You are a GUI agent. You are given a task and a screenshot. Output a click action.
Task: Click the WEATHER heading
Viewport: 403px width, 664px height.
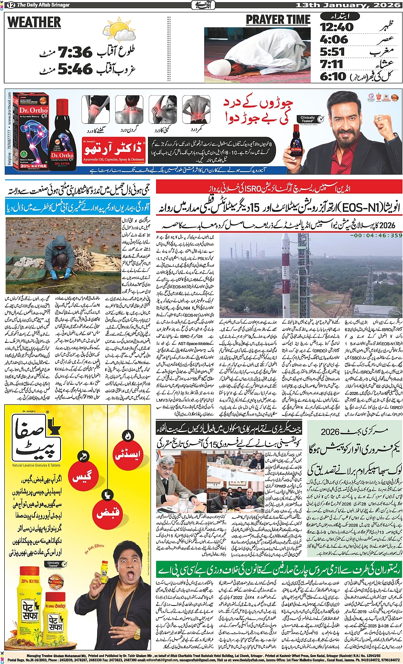(34, 22)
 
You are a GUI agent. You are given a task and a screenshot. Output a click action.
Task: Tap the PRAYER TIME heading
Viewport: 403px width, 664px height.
(278, 20)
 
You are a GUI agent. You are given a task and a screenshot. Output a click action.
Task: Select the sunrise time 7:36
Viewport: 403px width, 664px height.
(75, 53)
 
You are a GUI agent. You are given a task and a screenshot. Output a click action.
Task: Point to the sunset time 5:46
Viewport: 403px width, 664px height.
(75, 69)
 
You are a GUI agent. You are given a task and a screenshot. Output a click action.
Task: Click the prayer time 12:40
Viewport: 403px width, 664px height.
(337, 27)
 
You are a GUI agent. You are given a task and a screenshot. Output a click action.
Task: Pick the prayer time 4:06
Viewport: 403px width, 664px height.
(334, 40)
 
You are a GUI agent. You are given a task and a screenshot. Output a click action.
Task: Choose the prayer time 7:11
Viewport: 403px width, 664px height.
(332, 64)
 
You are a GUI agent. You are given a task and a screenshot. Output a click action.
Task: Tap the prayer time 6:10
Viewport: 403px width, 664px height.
(333, 76)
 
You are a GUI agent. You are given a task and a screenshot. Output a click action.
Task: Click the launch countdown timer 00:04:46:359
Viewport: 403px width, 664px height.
(375, 235)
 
